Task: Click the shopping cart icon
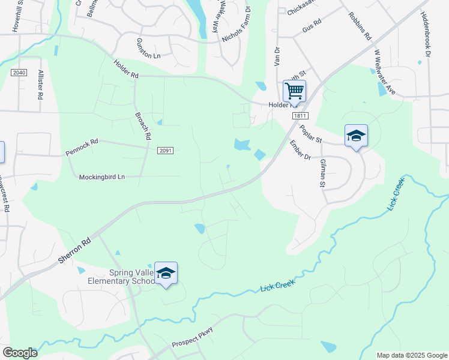(294, 91)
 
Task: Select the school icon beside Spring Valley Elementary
(166, 274)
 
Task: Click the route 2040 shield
(19, 73)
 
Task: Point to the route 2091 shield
(166, 151)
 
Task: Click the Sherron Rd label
(75, 247)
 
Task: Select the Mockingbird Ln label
(102, 177)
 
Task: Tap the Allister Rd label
(40, 83)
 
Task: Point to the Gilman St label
(322, 173)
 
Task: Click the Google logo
(20, 353)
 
